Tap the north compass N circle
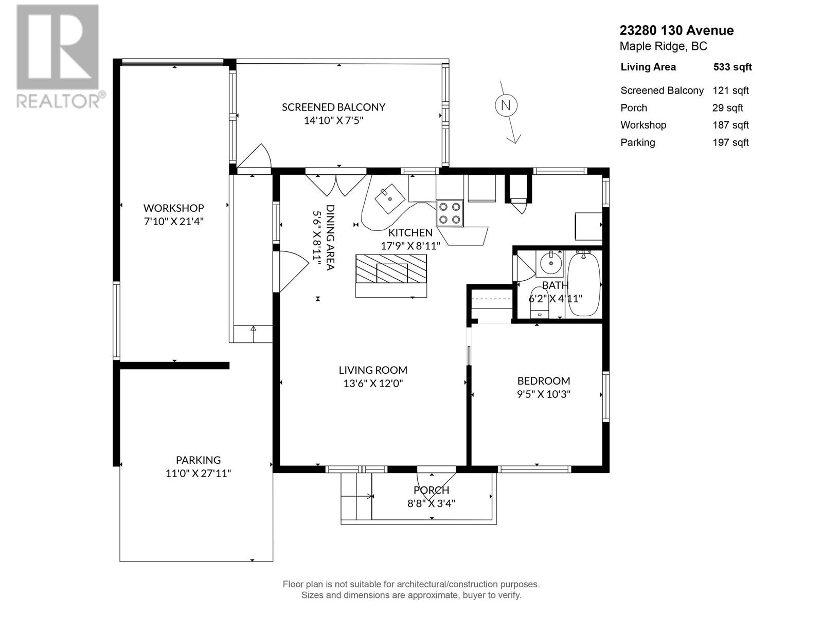(x=506, y=105)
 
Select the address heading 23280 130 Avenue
(x=676, y=30)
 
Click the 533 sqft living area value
(x=732, y=67)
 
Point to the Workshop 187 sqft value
(x=730, y=125)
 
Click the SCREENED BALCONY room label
(x=333, y=107)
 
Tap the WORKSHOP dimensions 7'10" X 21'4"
(x=173, y=222)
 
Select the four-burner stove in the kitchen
(x=450, y=213)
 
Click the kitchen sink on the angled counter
(x=390, y=198)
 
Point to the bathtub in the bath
(x=584, y=284)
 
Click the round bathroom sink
(x=551, y=263)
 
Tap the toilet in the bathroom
(x=539, y=303)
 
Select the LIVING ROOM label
(x=373, y=370)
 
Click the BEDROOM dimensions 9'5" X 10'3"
(x=544, y=394)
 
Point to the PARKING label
(x=199, y=460)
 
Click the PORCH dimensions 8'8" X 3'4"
(x=431, y=503)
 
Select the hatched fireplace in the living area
(x=391, y=269)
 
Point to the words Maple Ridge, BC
(x=663, y=46)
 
